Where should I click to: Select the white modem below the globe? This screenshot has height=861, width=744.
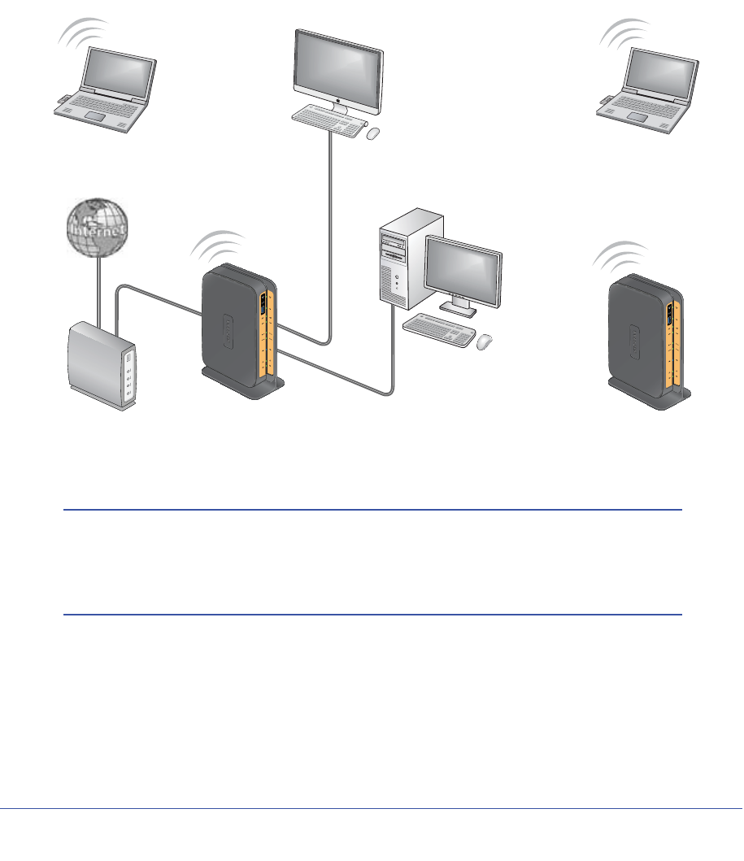(102, 367)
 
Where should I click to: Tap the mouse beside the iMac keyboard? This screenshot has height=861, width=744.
(372, 133)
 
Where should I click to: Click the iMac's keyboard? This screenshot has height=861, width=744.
(327, 122)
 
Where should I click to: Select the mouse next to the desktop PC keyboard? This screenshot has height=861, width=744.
(485, 342)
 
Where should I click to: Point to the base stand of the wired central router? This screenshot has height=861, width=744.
(244, 383)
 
